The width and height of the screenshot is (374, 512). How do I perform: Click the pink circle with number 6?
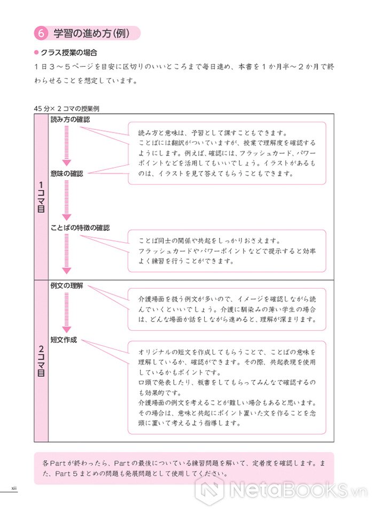coord(41,33)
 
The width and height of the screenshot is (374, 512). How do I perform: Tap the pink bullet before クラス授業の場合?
coord(36,52)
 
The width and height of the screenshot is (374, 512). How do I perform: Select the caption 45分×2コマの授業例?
coord(67,108)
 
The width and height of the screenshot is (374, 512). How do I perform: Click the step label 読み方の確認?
coord(70,120)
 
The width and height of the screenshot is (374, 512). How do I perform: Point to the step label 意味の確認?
coord(67,174)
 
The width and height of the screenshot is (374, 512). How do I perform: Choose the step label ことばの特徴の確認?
coord(80,228)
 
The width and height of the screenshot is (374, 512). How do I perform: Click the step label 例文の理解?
coord(67,285)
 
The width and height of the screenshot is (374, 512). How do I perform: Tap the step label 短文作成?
coord(63,339)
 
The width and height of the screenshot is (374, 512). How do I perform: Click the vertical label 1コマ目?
coord(41,197)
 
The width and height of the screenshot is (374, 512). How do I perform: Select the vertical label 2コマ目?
coord(41,361)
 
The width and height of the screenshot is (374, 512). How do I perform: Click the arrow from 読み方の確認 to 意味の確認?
coord(67,146)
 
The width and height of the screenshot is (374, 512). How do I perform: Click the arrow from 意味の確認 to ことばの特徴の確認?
coord(67,200)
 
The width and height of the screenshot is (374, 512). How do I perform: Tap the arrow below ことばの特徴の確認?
coord(67,254)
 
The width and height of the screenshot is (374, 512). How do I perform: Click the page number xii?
coord(14,488)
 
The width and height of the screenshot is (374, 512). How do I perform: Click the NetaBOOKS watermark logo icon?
coord(209,490)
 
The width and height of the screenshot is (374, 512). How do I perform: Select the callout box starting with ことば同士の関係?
coord(227,251)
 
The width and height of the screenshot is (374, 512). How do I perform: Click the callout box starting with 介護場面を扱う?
coord(227,309)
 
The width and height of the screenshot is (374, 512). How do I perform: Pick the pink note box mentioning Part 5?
coord(184,468)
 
